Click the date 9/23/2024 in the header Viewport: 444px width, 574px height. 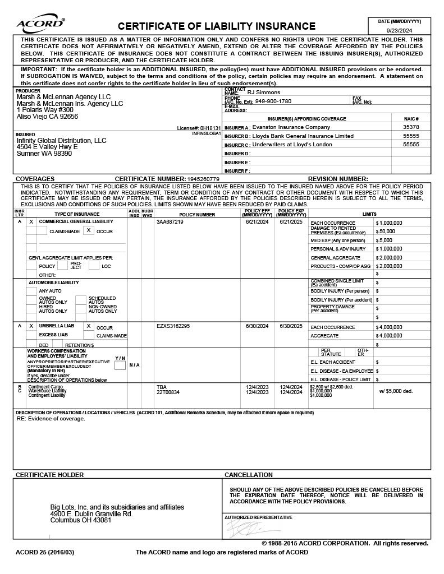click(400, 30)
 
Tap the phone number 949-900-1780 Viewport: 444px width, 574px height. click(273, 101)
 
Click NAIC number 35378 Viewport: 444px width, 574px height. click(411, 127)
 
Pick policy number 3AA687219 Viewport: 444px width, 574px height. click(170, 222)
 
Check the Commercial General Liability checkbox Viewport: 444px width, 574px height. click(31, 222)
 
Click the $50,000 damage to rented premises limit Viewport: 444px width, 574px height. click(386, 231)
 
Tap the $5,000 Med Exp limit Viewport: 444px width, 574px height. click(384, 240)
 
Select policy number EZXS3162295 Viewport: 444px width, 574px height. click(173, 326)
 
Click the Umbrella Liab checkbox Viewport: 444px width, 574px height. click(31, 326)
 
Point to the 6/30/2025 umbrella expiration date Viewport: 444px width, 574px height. click(291, 326)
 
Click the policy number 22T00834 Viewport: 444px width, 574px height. click(168, 392)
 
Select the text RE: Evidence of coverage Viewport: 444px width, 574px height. click(51, 419)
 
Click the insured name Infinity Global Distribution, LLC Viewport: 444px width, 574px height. click(61, 141)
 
